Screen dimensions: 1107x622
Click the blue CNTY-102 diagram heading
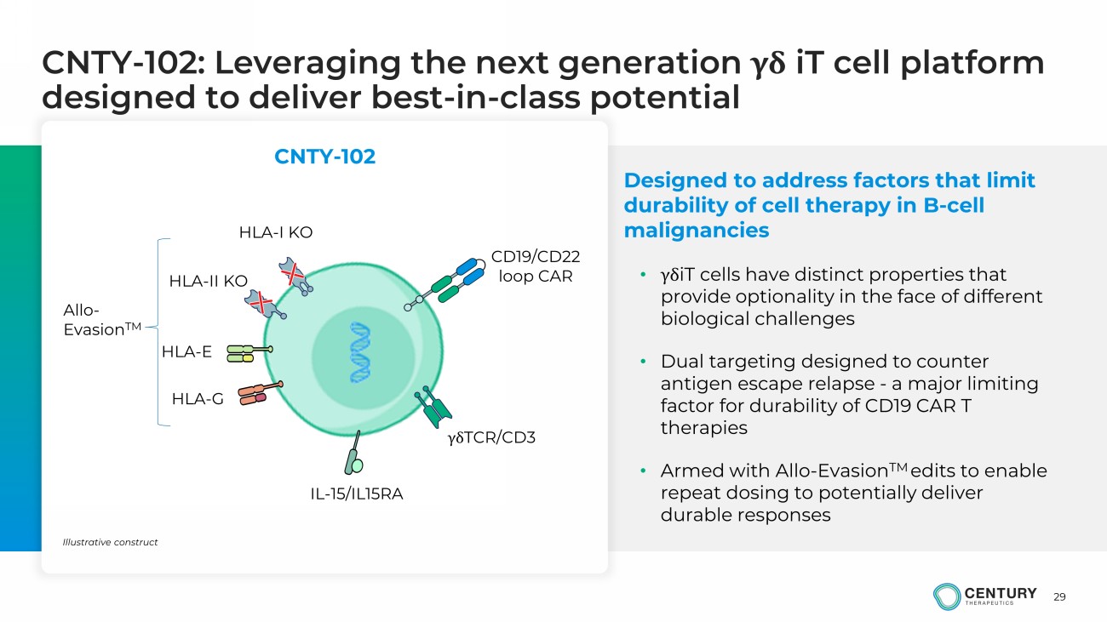coord(324,157)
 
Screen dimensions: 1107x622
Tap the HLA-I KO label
coord(276,232)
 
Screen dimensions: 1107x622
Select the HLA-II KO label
coord(208,281)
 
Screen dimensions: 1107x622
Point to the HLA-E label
coord(186,351)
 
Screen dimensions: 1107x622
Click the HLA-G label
coord(198,398)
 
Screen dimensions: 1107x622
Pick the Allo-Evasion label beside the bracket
coord(102,320)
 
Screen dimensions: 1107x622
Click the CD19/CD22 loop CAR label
coord(536,266)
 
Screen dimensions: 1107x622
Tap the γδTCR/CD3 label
coord(491,437)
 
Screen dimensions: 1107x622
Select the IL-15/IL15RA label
coord(357,494)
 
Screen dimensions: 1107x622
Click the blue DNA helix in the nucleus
coord(359,352)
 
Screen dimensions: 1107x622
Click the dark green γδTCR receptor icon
coord(433,408)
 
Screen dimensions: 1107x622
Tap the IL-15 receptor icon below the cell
coord(354,454)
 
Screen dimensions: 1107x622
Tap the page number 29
coord(1059,596)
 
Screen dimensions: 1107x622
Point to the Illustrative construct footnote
coord(110,542)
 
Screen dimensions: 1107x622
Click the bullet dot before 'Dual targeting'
coord(643,362)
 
